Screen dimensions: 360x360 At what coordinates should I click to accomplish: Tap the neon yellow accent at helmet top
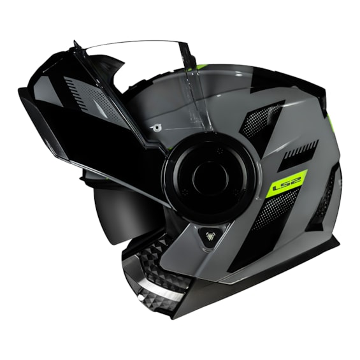click(x=201, y=66)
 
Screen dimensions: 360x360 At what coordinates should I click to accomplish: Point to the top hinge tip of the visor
click(x=76, y=44)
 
